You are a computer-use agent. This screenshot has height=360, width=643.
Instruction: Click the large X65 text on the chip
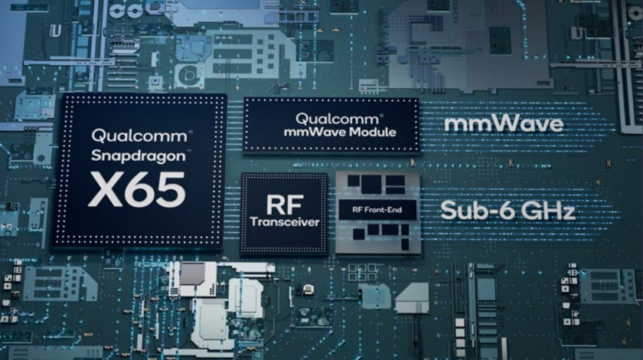tap(136, 190)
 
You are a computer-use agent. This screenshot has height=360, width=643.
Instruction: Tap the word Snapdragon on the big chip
tap(139, 156)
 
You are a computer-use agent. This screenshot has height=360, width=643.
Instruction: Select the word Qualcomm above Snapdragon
tap(139, 136)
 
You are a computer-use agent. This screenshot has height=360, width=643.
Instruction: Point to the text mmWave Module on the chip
tap(340, 133)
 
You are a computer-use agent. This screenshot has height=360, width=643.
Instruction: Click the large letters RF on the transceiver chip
tap(285, 204)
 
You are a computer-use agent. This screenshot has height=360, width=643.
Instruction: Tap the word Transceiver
tap(285, 222)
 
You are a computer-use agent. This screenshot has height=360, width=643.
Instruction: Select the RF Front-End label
tap(377, 210)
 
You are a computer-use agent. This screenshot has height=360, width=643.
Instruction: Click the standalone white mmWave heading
tap(504, 123)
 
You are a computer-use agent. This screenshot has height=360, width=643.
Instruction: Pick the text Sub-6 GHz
tap(508, 211)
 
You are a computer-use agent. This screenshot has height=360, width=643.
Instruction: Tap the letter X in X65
tap(105, 190)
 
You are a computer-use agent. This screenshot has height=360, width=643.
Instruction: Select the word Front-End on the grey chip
tap(383, 210)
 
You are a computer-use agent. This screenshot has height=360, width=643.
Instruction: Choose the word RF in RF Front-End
tap(357, 210)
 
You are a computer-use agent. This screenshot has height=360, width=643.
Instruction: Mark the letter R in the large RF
tap(276, 204)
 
